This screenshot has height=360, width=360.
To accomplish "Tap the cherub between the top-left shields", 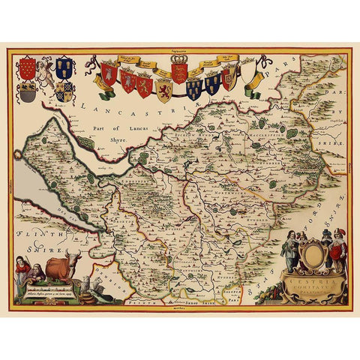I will pyautogui.click(x=46, y=73).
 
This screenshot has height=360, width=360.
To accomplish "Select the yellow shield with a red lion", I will pyautogui.click(x=163, y=89).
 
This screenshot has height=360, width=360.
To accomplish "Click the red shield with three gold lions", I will pyautogui.click(x=180, y=74).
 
